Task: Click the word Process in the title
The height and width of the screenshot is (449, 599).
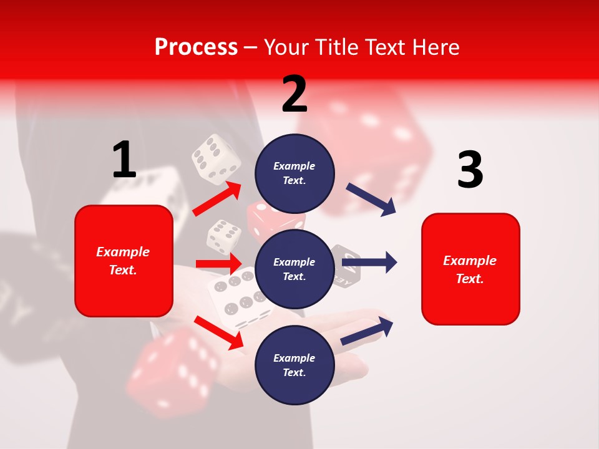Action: pos(196,47)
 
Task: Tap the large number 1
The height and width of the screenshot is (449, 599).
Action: pos(124,160)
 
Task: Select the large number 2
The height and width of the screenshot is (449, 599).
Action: pos(295,94)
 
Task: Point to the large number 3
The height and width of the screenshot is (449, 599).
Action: pos(470,170)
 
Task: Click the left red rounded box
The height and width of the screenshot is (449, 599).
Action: pos(124,261)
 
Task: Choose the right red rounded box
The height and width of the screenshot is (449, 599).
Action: pos(470,269)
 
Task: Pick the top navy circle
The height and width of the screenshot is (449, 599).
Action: pos(295,173)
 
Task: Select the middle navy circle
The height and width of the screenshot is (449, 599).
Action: pos(295,269)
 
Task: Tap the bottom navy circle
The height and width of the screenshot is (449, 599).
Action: pos(295,365)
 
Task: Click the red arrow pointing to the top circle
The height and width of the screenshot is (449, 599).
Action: pos(217,198)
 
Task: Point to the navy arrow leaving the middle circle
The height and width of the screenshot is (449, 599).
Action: pos(369,263)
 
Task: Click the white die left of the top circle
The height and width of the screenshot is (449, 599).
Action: pos(216,159)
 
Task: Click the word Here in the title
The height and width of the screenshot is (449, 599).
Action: pos(436,47)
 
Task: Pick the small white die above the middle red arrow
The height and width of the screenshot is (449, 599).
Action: pos(224,236)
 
